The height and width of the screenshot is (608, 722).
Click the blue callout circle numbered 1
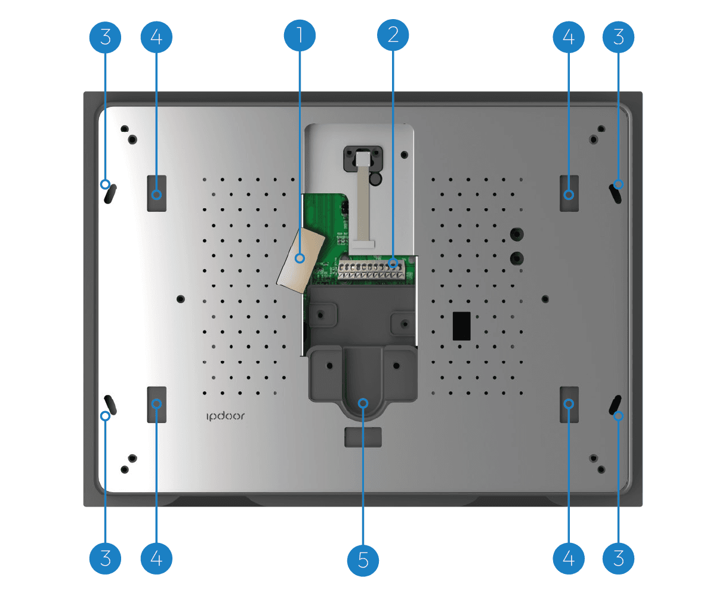tap(300, 35)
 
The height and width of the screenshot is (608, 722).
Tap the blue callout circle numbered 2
tap(393, 35)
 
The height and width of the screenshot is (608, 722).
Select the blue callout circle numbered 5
tap(363, 560)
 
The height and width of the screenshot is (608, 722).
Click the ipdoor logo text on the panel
tap(226, 416)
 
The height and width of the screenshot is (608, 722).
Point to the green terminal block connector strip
tap(371, 270)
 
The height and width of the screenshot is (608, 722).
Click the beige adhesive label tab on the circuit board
tap(301, 260)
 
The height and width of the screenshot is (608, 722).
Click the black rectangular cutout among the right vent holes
tap(461, 326)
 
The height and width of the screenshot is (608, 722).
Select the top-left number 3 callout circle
tap(105, 37)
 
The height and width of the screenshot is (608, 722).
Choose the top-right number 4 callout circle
tap(569, 37)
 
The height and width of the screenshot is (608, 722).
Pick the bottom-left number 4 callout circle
tap(156, 558)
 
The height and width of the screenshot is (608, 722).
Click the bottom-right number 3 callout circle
tap(618, 558)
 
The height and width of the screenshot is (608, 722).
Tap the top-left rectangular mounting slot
tap(157, 193)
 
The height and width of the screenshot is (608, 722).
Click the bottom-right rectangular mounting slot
tap(569, 405)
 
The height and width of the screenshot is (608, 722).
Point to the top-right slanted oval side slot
tap(615, 194)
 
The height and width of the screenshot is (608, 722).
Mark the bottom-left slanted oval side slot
tap(110, 405)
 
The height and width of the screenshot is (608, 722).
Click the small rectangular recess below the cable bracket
tap(363, 437)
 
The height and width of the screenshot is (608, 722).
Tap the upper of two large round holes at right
tap(517, 234)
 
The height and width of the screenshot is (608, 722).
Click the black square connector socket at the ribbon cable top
tap(363, 158)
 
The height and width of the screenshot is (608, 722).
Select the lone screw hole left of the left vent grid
tap(180, 299)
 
